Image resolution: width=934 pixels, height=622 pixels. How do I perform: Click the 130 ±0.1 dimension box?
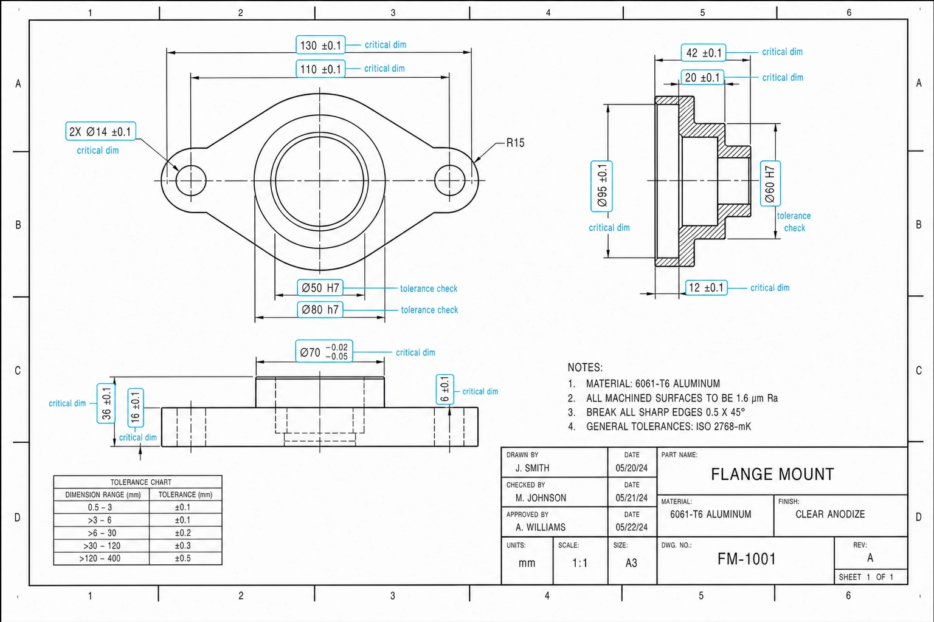320,45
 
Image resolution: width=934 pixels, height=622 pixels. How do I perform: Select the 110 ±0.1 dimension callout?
320,69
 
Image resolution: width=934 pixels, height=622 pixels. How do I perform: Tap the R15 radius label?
516,143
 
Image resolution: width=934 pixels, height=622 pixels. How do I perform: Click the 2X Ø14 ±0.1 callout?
100,132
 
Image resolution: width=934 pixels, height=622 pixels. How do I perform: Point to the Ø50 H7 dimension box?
320,288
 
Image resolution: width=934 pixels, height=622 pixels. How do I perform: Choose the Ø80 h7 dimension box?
320,310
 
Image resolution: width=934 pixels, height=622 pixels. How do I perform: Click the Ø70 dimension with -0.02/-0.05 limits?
324,351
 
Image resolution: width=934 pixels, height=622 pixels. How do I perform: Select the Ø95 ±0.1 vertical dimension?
601,186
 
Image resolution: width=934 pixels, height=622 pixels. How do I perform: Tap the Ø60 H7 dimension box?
770,183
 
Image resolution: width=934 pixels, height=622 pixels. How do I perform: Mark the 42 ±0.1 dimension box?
704,53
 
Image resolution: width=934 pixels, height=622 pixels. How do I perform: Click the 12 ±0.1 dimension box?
707,287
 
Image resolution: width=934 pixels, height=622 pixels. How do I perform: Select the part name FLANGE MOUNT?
772,474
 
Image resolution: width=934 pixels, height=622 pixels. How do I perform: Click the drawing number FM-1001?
746,559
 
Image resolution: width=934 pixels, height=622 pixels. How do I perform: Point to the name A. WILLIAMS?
541,527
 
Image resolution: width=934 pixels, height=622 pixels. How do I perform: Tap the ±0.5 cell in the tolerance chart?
182,558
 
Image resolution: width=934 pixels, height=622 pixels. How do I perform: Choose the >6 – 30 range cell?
102,533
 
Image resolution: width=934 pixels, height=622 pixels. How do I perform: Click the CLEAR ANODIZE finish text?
830,514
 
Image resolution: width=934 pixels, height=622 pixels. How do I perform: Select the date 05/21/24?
632,498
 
